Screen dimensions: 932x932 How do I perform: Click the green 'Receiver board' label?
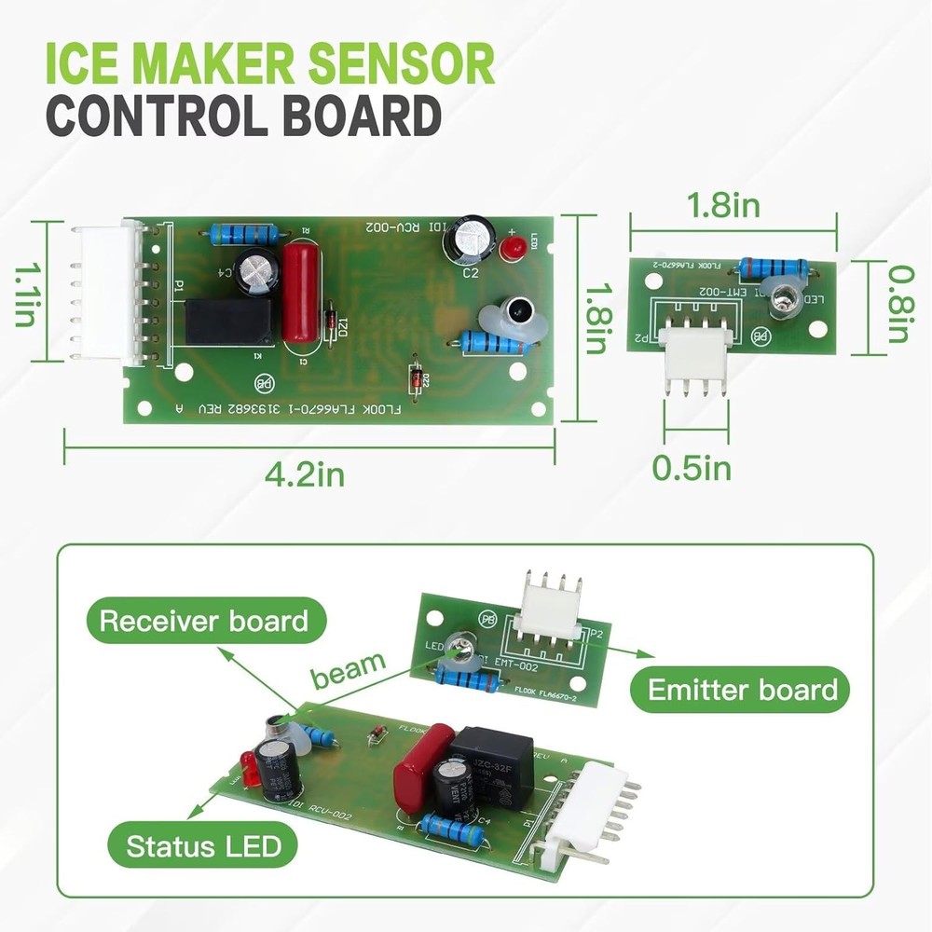(203, 622)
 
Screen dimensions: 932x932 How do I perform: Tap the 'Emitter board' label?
(743, 691)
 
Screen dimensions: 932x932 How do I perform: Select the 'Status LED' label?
(203, 847)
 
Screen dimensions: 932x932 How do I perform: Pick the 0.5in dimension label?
(691, 467)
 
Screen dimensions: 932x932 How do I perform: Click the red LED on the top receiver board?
(510, 248)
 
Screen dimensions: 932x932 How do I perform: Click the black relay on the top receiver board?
(229, 322)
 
